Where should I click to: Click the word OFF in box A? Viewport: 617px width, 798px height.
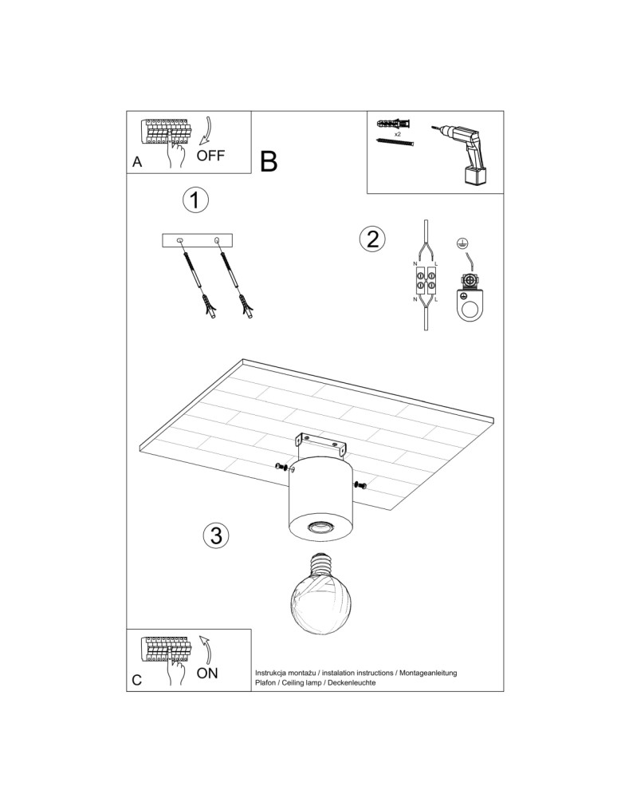[x=210, y=156]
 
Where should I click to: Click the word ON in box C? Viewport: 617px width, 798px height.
[x=206, y=673]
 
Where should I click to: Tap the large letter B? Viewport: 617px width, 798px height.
[x=269, y=162]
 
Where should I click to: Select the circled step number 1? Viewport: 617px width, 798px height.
[x=195, y=200]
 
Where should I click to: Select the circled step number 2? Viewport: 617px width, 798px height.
[x=371, y=239]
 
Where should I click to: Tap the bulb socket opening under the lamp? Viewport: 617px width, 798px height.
[x=320, y=527]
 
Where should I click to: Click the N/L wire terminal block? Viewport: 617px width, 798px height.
[x=425, y=280]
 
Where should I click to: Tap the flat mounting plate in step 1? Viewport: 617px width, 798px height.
[x=197, y=240]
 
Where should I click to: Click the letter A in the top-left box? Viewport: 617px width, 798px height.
[x=137, y=161]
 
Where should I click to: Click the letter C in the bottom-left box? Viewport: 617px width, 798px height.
[x=137, y=680]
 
